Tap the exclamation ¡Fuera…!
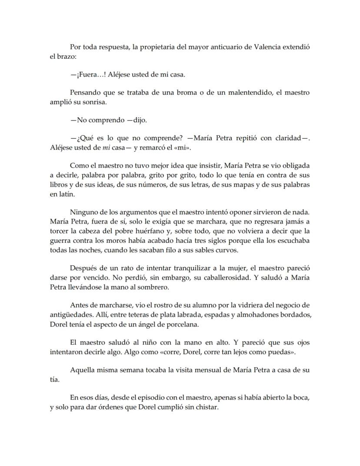tap(88, 74)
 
